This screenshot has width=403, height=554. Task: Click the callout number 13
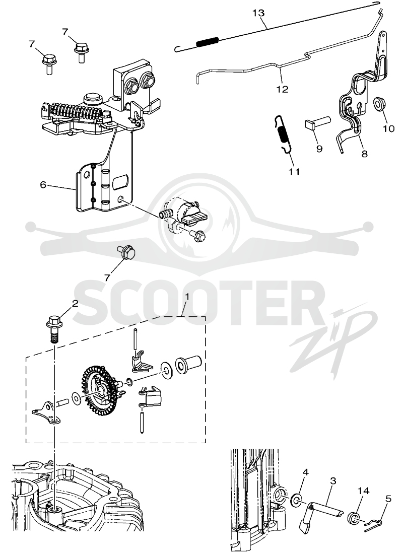click(x=258, y=14)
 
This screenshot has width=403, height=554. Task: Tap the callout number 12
click(x=283, y=89)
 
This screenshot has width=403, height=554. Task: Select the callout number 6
click(x=43, y=184)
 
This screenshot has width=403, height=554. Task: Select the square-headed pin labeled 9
click(x=317, y=124)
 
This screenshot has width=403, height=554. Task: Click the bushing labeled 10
click(x=380, y=105)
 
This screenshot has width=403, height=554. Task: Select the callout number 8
click(x=365, y=154)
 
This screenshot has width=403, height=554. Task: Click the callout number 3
click(x=332, y=480)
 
